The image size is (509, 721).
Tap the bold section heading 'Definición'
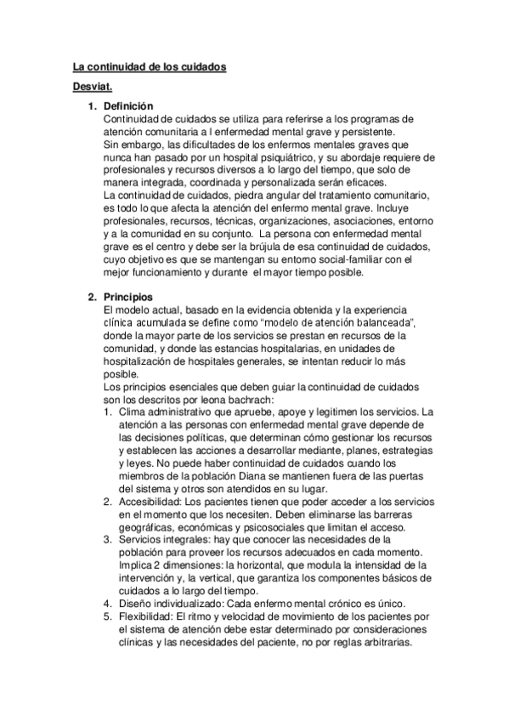click(127, 105)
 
